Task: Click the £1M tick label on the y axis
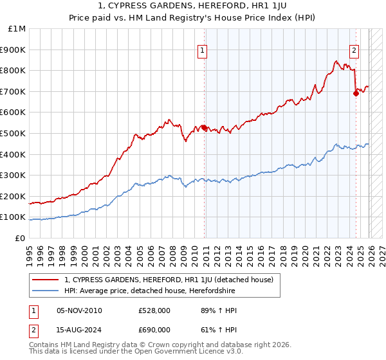[x=17, y=29]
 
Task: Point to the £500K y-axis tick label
[x=14, y=134]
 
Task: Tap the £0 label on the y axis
[x=21, y=238]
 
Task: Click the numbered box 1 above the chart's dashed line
[x=203, y=50]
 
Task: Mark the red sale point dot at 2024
[x=356, y=94]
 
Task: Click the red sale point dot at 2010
[x=204, y=127]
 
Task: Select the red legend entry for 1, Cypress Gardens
[x=169, y=280]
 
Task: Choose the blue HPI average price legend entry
[x=149, y=291]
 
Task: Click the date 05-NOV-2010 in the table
[x=79, y=310]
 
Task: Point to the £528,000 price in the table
[x=154, y=310]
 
